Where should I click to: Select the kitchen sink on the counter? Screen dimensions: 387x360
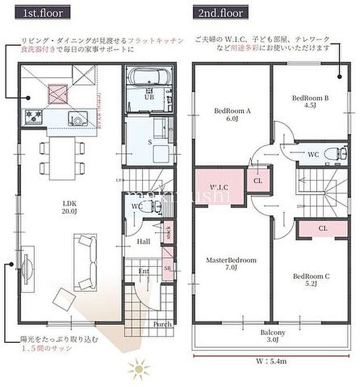coord(76,119)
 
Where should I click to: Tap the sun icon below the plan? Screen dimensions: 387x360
coord(138,368)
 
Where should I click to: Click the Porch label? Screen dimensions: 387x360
coord(163,324)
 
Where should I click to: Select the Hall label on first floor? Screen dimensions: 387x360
coord(143,241)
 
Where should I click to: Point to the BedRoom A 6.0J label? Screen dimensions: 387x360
coord(232,114)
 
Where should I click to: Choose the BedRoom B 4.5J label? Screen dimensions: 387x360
coord(310,102)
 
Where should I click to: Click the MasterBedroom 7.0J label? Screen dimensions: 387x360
coord(231,264)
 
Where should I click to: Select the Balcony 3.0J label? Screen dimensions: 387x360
coord(272,336)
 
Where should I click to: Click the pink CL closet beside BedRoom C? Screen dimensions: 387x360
coord(323,229)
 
